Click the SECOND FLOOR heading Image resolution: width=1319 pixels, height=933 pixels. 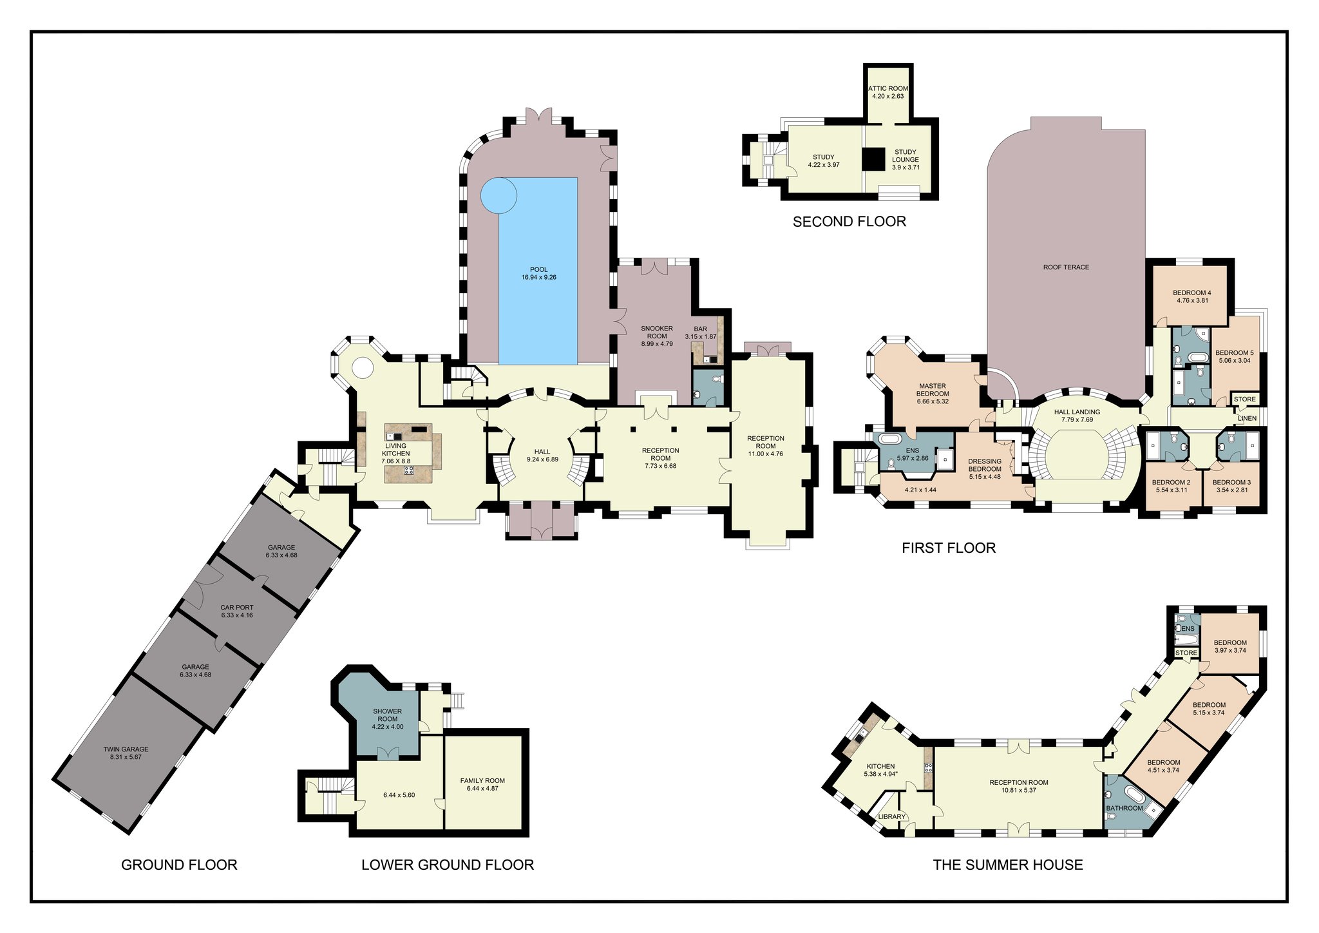click(849, 222)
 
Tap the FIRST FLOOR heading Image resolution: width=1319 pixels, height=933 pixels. click(949, 548)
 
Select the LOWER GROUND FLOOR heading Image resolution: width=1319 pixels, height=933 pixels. click(448, 865)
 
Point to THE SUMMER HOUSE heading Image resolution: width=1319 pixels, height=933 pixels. click(1008, 865)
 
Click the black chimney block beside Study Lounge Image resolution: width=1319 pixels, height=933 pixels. click(875, 159)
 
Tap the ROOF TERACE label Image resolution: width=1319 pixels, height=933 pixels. click(1066, 267)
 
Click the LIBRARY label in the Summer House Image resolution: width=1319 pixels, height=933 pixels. click(892, 816)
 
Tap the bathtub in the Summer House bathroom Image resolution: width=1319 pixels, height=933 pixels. click(1133, 795)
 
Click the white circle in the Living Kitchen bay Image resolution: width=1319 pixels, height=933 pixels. click(362, 368)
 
